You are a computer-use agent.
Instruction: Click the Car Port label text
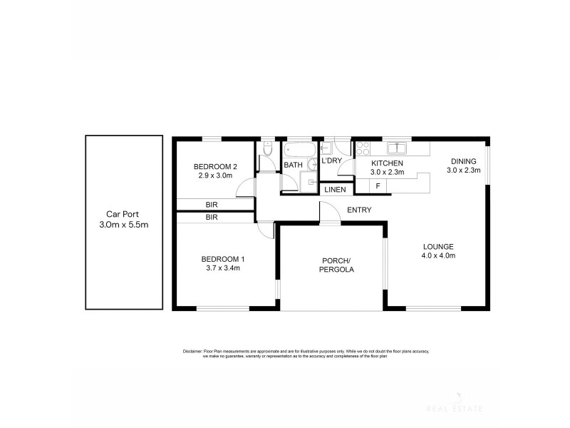pyautogui.click(x=123, y=220)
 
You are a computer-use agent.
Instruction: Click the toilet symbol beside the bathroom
pyautogui.click(x=267, y=151)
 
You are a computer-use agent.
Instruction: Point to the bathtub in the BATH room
pyautogui.click(x=301, y=151)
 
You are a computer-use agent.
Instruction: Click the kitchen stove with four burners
pyautogui.click(x=363, y=148)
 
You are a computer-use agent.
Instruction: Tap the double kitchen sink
pyautogui.click(x=396, y=148)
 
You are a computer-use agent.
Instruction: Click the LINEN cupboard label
pyautogui.click(x=335, y=190)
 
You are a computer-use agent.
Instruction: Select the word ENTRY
pyautogui.click(x=358, y=210)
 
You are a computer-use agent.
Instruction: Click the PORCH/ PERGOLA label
pyautogui.click(x=333, y=265)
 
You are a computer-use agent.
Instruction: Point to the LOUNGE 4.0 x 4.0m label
pyautogui.click(x=437, y=250)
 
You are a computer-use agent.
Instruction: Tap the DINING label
pyautogui.click(x=463, y=165)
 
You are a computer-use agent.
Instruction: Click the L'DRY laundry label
pyautogui.click(x=331, y=162)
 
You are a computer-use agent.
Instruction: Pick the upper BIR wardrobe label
pyautogui.click(x=211, y=205)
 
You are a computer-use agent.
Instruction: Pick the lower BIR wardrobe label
pyautogui.click(x=211, y=217)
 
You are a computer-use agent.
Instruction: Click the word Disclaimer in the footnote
pyautogui.click(x=192, y=352)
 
